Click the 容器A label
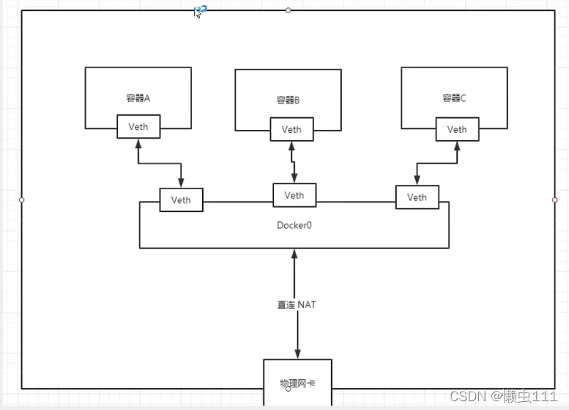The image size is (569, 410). click(x=138, y=98)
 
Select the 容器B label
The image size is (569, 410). click(x=288, y=100)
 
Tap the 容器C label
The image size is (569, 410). click(x=454, y=98)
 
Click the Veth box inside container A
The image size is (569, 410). click(x=138, y=126)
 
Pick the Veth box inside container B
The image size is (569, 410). click(x=291, y=130)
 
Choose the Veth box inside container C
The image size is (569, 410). click(x=457, y=130)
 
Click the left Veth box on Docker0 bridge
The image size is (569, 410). click(x=181, y=199)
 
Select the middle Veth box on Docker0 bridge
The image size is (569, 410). click(x=294, y=195)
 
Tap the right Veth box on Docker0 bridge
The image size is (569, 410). click(x=417, y=197)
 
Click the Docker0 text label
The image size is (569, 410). click(x=294, y=225)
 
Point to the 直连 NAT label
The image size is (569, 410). click(x=297, y=304)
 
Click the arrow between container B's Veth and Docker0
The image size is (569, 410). click(x=294, y=161)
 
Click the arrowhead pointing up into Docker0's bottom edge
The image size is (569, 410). click(x=295, y=254)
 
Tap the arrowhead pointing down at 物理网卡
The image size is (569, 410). click(x=297, y=354)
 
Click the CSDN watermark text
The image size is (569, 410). click(x=504, y=397)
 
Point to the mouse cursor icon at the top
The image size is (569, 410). click(x=199, y=10)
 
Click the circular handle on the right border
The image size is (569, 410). click(x=554, y=199)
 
